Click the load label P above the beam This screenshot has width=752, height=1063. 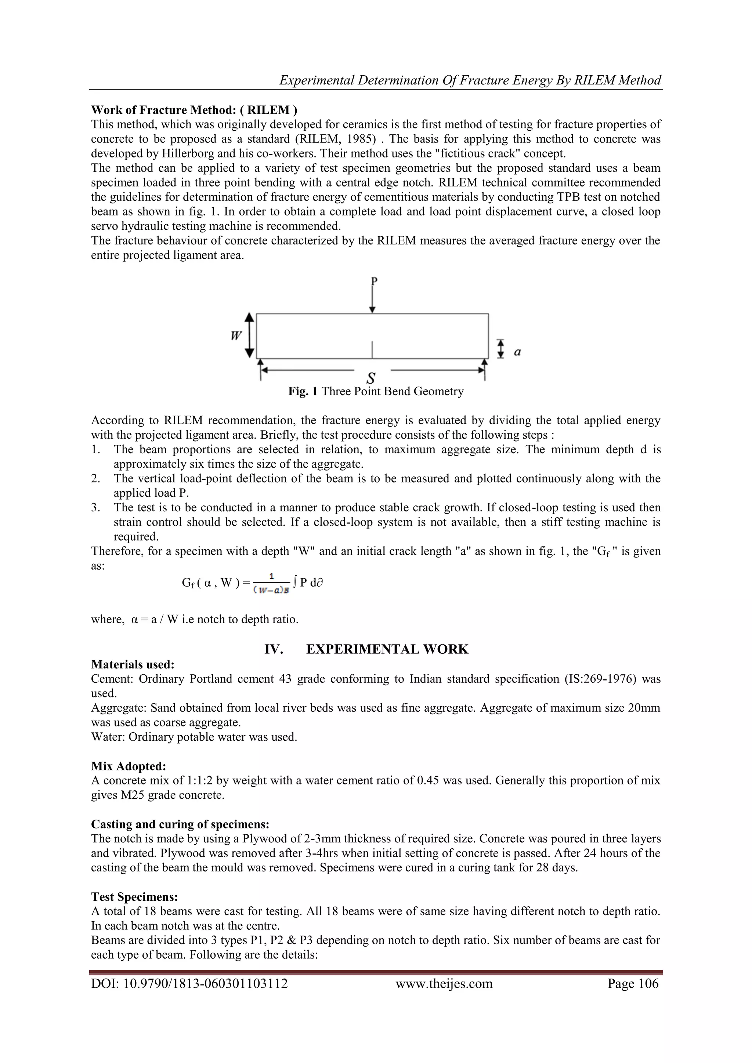(374, 281)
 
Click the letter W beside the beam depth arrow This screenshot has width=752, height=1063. (236, 335)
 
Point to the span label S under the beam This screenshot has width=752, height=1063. (371, 378)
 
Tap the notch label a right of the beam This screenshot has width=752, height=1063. (518, 352)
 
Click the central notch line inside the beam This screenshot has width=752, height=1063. (372, 349)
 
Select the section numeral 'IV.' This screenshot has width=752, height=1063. (273, 649)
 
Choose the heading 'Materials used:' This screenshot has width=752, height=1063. (133, 664)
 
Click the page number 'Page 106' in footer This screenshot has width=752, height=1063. (633, 983)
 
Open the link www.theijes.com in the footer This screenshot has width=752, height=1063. (444, 983)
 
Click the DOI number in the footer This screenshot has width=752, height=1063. (189, 983)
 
